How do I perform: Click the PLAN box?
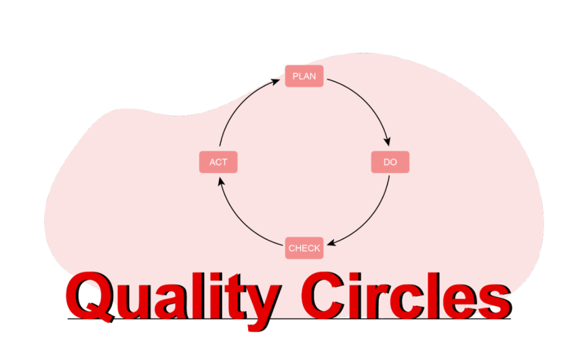pos(304,76)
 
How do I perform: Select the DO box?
pos(390,162)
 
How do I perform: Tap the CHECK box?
pos(304,248)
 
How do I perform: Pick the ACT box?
pos(218,162)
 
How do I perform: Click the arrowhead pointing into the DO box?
pos(388,142)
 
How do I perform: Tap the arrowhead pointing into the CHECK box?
pos(328,243)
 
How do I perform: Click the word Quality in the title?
pos(173,297)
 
